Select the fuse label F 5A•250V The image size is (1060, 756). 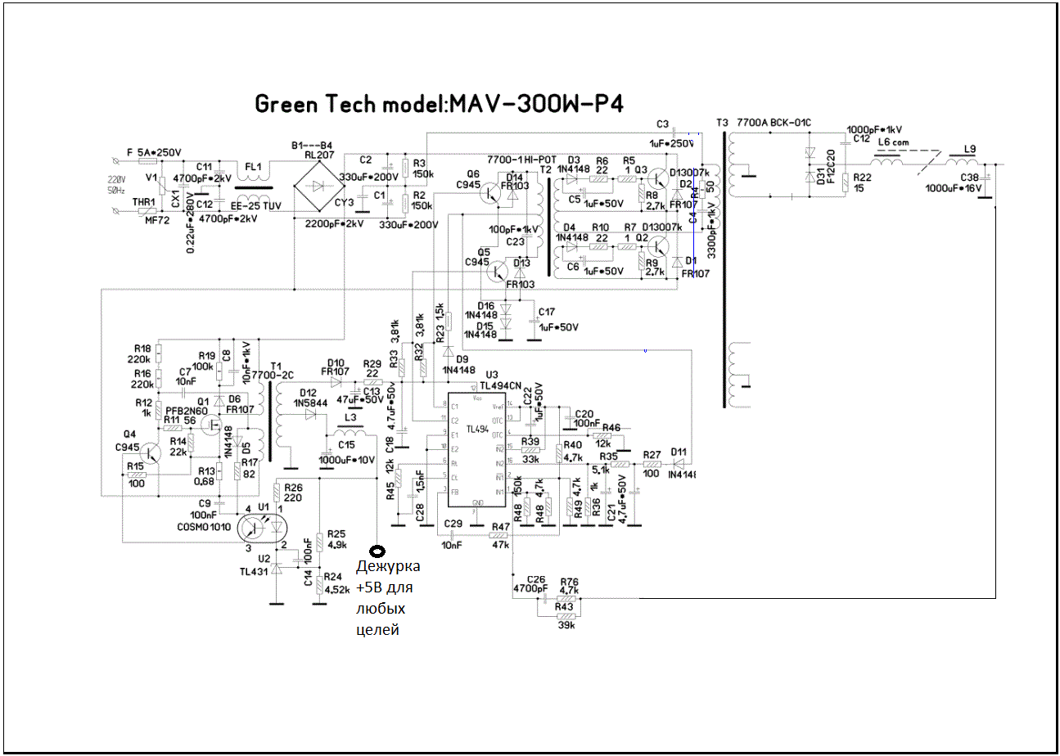pyautogui.click(x=154, y=153)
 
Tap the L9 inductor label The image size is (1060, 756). pyautogui.click(x=970, y=149)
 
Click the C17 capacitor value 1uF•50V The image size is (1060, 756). pyautogui.click(x=558, y=326)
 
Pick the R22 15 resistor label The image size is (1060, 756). pyautogui.click(x=861, y=182)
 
